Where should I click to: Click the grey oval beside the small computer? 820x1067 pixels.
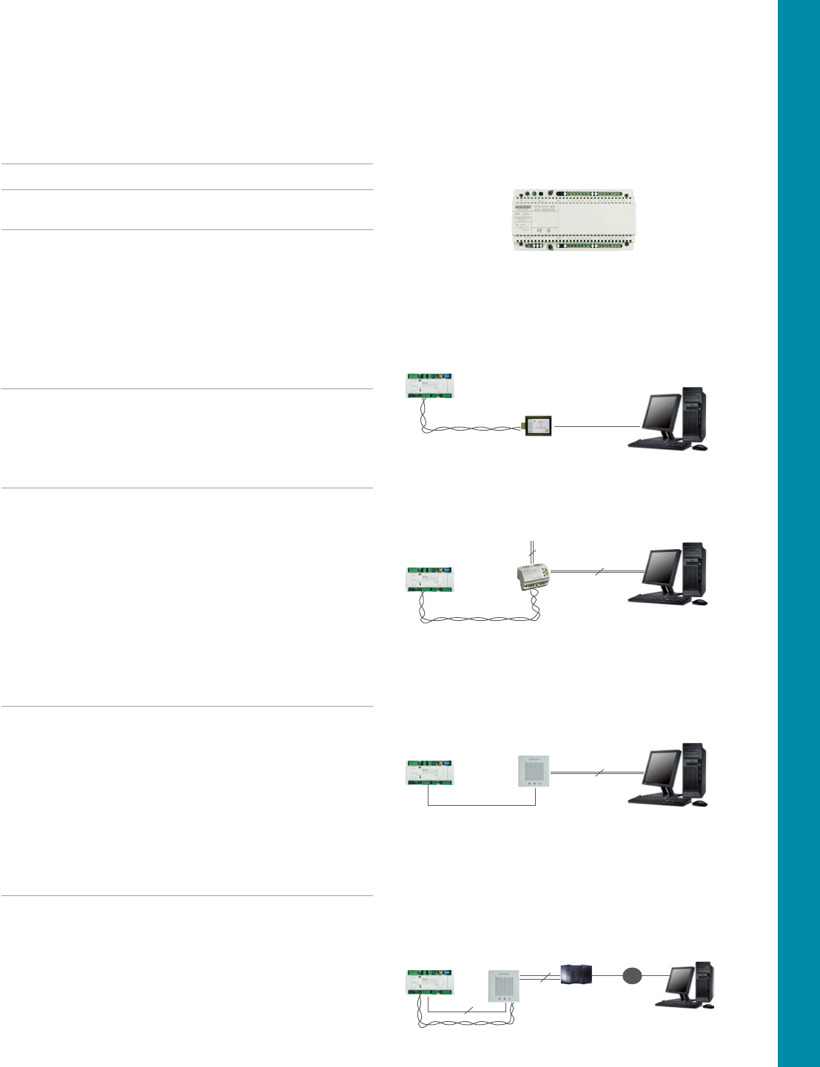[631, 976]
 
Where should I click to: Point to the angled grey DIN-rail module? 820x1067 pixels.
[534, 577]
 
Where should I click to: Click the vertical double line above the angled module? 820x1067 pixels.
[531, 552]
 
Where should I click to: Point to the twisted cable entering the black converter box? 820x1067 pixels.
[474, 428]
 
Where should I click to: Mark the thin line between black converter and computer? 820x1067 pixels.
[596, 427]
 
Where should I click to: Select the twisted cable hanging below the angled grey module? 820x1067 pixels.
[481, 617]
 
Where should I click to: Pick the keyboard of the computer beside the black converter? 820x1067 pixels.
[657, 442]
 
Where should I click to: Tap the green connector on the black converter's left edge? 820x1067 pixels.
[522, 426]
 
